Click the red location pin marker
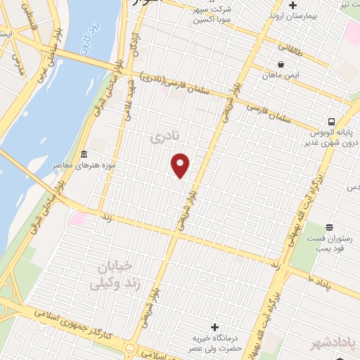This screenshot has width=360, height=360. point(181,166)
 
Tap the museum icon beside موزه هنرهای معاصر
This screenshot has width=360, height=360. point(84,155)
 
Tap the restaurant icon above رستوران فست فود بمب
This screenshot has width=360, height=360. point(329,226)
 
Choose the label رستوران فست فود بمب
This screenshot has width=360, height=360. point(332,243)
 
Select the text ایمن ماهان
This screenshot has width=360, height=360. point(281,75)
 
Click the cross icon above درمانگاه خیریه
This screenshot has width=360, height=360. point(214,327)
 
